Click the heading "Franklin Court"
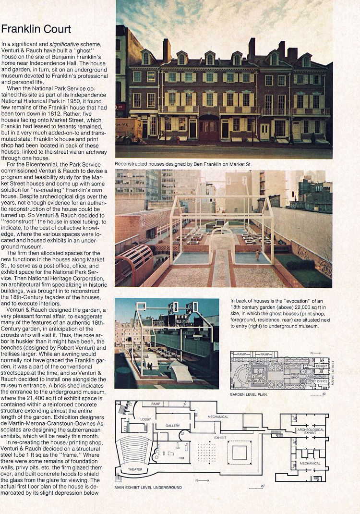[x=36, y=29]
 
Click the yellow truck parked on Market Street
[x=128, y=130]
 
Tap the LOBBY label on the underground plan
[x=145, y=419]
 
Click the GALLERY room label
[x=173, y=426]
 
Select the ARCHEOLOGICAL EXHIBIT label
[x=311, y=431]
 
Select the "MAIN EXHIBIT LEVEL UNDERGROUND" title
[x=148, y=488]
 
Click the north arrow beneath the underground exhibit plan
[x=202, y=480]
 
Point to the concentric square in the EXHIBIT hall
[x=240, y=452]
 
